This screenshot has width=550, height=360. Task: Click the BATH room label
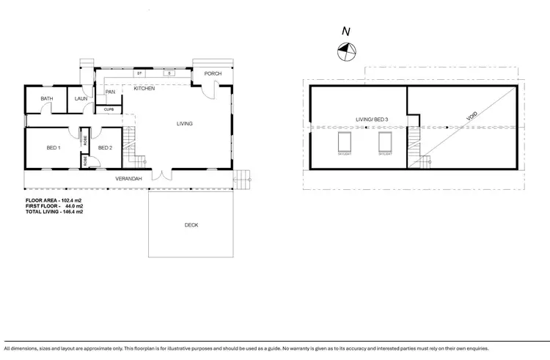click(x=47, y=98)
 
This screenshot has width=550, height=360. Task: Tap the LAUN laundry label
click(x=81, y=98)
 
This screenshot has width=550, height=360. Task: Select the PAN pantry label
click(x=110, y=92)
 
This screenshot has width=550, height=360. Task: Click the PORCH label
click(x=213, y=73)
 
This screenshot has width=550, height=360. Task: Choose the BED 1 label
click(x=53, y=147)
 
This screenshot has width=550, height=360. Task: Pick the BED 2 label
click(x=105, y=147)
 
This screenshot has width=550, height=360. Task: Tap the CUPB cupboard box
click(x=109, y=109)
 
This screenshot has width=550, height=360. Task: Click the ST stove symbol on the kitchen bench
click(x=139, y=73)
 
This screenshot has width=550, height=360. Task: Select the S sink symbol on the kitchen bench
click(x=168, y=73)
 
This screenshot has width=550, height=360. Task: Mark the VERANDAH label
click(x=128, y=179)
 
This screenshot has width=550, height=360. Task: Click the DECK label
click(x=191, y=225)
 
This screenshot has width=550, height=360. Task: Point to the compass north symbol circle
click(x=345, y=51)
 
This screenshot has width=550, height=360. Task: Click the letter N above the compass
click(x=345, y=31)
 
